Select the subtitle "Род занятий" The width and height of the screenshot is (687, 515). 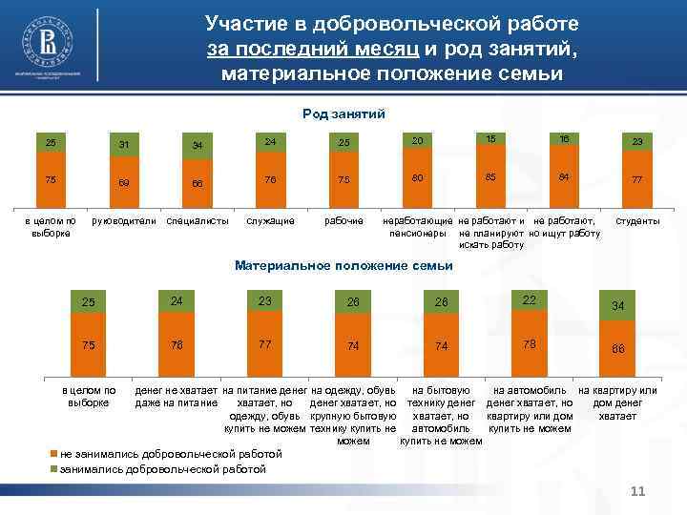pos(343,113)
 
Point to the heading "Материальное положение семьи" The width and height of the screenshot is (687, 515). pos(343,265)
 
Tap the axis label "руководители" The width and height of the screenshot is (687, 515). pos(122,221)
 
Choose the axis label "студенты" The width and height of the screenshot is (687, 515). pos(638,221)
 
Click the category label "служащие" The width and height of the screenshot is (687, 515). pos(270,221)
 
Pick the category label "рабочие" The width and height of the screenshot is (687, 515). pos(344,221)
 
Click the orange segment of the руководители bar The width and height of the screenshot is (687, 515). pos(122,181)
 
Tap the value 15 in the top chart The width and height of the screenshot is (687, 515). pos(490,139)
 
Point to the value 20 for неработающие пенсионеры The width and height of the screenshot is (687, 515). pos(418,141)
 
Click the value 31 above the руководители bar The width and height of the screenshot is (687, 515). pos(122,145)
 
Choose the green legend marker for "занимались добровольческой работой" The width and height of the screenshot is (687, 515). pos(53,469)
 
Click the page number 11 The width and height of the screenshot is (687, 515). pos(638,491)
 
